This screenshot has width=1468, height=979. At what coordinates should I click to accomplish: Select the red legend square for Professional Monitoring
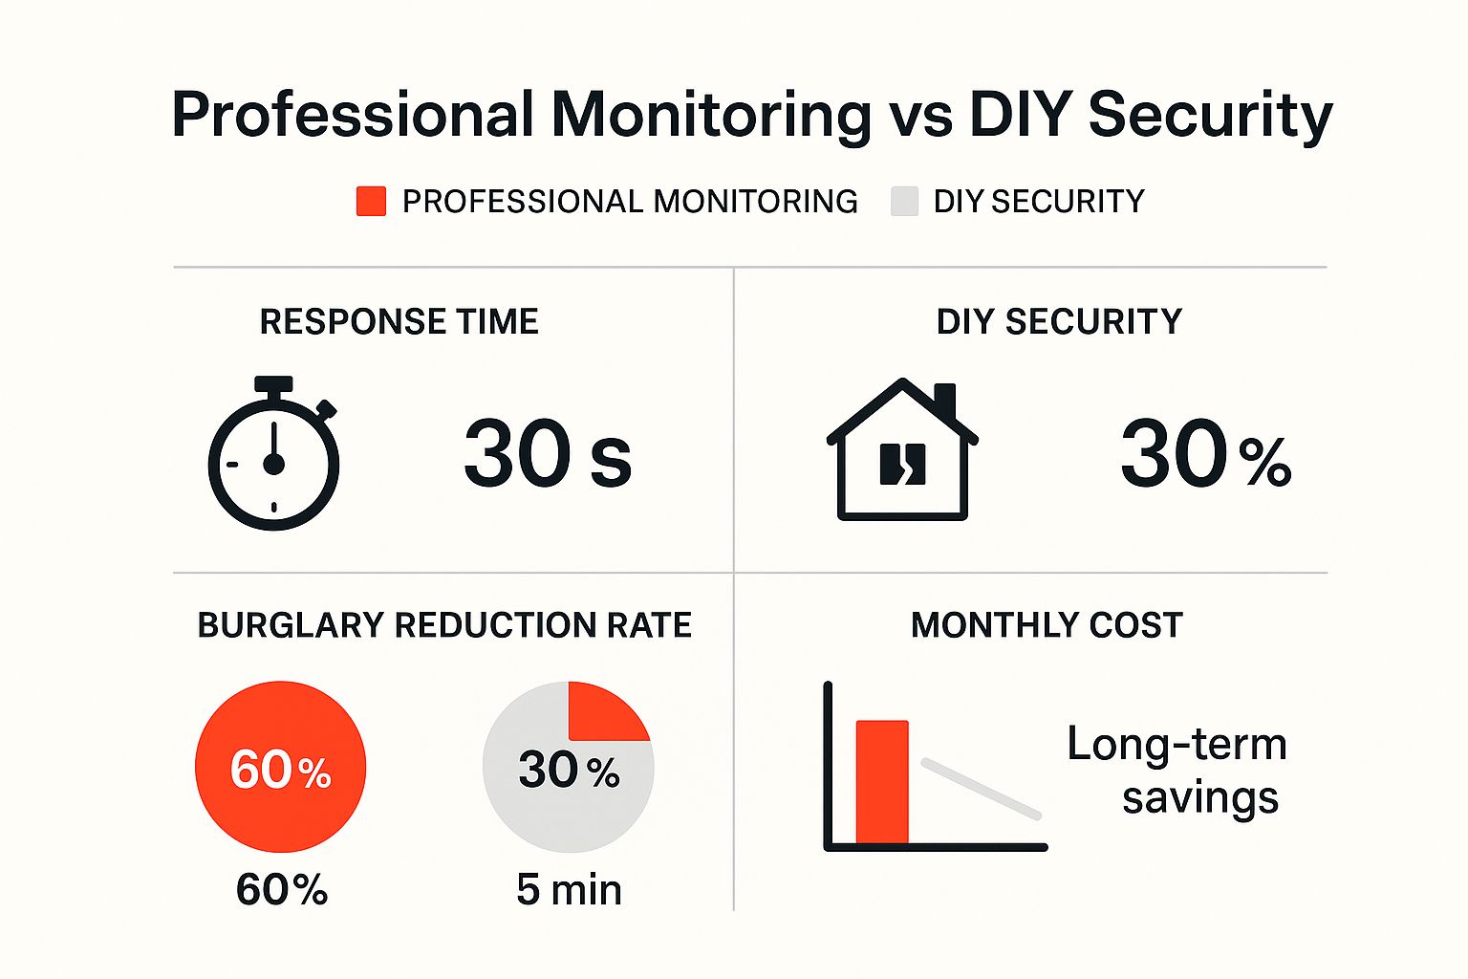point(371,202)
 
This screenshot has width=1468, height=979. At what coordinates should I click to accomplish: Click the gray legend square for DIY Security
point(904,202)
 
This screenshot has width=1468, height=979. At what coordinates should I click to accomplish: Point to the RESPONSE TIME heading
point(399,322)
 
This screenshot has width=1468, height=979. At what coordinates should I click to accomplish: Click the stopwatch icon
point(273,455)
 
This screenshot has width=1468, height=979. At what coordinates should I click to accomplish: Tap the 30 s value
point(547,455)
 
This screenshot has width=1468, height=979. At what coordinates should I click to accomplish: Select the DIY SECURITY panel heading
point(1059,322)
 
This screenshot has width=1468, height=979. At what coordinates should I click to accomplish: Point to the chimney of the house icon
point(944,400)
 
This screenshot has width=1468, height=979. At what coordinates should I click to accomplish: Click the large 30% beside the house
point(1205,455)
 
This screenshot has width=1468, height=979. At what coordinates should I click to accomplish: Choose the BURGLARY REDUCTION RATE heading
point(444,625)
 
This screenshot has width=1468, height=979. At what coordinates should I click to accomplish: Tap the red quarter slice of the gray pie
point(602,713)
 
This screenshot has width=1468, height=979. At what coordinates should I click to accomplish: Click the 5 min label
point(569,890)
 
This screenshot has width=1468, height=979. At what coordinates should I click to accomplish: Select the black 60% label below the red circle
point(282,890)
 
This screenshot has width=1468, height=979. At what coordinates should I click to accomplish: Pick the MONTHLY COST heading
point(1047,625)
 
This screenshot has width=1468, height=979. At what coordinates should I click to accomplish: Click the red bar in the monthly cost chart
point(881,782)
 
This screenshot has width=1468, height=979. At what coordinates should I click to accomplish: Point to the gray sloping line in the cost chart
point(981,789)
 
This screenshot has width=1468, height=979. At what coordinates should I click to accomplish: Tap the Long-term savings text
point(1177,771)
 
